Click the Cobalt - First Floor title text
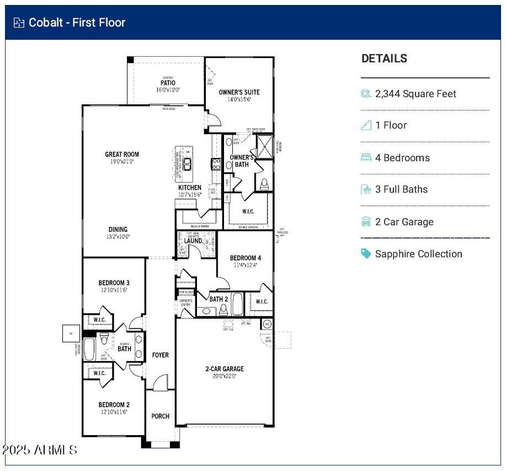coord(77,23)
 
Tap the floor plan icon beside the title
coord(19,23)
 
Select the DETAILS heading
coord(384,59)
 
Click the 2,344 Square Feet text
coord(416,94)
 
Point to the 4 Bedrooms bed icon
coord(366,157)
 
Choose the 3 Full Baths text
coord(401,189)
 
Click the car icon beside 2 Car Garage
coord(366,222)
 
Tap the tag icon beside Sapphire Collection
coord(366,253)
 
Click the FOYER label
coord(161,355)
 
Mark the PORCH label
coord(161,416)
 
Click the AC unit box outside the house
coord(71,334)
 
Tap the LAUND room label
coord(193,241)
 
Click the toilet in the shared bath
coord(104,338)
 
